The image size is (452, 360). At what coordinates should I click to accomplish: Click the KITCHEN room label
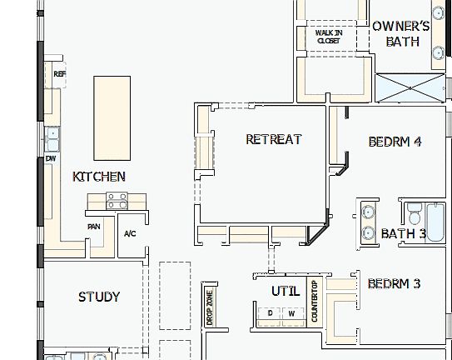click(99, 177)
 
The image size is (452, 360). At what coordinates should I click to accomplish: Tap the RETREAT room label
click(273, 139)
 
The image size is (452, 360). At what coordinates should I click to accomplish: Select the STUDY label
click(99, 297)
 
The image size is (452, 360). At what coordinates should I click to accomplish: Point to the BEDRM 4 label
click(395, 142)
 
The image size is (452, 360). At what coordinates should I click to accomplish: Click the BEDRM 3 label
click(394, 284)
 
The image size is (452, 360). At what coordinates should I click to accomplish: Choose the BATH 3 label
click(403, 233)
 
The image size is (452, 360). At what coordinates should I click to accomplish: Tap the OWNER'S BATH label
click(401, 33)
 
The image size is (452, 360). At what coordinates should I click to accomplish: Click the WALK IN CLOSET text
click(328, 37)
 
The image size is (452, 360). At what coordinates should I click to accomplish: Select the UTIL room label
click(285, 291)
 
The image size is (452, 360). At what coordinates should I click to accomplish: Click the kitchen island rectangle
click(112, 117)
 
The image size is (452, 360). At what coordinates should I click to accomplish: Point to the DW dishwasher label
click(51, 157)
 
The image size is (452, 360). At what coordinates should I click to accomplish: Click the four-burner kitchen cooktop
click(116, 201)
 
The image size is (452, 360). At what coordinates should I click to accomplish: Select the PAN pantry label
click(94, 226)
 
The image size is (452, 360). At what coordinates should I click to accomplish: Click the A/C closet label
click(129, 233)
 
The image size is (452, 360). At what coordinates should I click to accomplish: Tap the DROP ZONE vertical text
click(209, 307)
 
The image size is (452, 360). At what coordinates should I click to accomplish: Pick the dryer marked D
click(270, 313)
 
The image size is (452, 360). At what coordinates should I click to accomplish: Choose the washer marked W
click(291, 313)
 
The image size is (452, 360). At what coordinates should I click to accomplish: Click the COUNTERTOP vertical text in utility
click(314, 302)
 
